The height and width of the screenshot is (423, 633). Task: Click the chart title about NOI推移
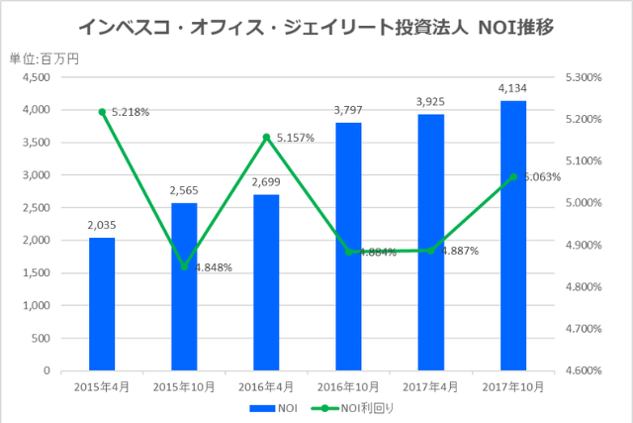[316, 27]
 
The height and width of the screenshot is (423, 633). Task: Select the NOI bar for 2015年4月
[102, 304]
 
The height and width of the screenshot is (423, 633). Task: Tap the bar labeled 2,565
[184, 286]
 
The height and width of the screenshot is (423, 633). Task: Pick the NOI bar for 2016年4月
[266, 282]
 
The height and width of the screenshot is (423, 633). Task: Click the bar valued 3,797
[348, 247]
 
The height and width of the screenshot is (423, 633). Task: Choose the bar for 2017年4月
[430, 242]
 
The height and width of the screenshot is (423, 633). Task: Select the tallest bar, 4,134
[512, 236]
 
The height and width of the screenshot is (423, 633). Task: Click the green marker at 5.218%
[102, 112]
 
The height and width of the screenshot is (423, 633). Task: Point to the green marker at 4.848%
[184, 266]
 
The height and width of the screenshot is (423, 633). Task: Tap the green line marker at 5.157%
[266, 138]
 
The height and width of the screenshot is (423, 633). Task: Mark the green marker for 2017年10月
[512, 177]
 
